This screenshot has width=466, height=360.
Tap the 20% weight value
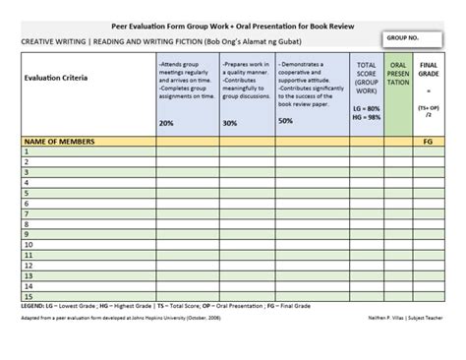(166, 123)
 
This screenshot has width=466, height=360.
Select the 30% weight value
(229, 123)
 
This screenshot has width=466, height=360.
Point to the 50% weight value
(286, 120)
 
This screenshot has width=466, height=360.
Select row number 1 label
(25, 152)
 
